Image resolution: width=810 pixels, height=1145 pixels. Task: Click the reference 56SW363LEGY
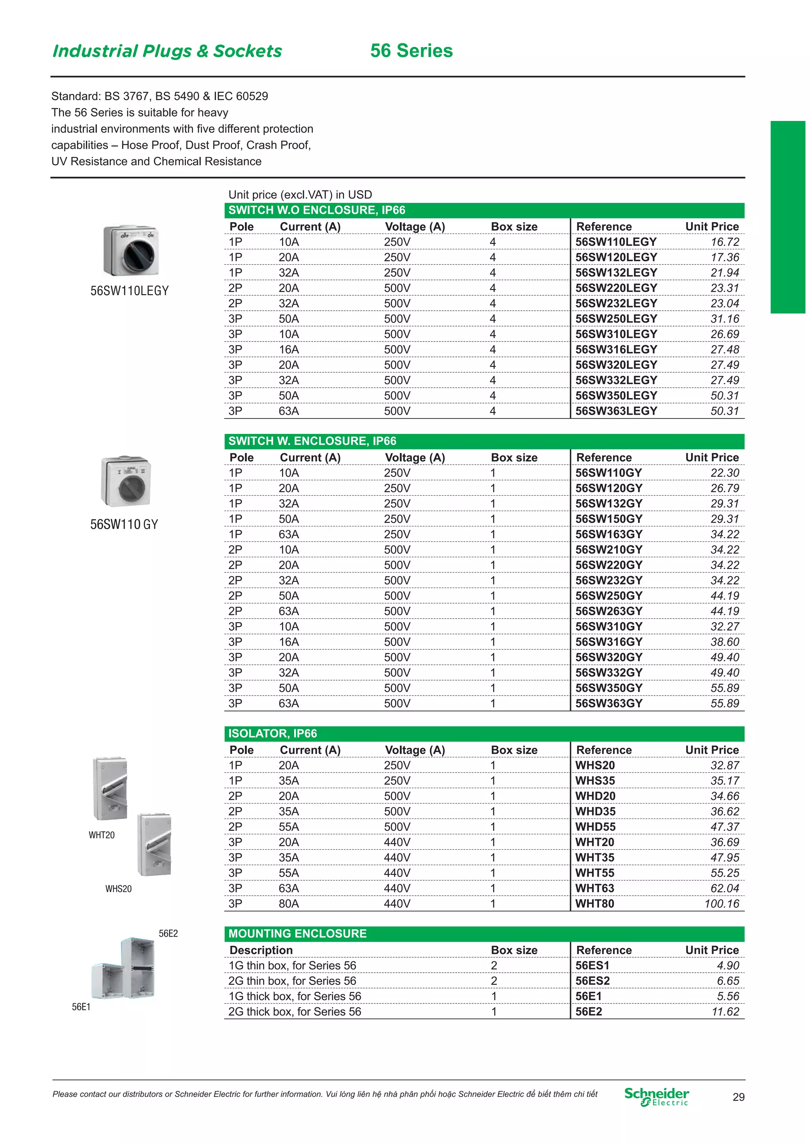pyautogui.click(x=616, y=411)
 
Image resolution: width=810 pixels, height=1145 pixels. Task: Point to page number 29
pyautogui.click(x=738, y=1097)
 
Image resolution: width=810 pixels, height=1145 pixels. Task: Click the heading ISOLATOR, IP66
pyautogui.click(x=273, y=734)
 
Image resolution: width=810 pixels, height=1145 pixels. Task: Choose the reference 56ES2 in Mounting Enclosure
pyautogui.click(x=592, y=981)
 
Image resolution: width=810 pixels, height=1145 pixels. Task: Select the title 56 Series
pyautogui.click(x=411, y=51)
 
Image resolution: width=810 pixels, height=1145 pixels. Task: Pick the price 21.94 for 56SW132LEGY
pyautogui.click(x=725, y=273)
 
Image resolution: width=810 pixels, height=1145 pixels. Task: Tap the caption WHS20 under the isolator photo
pyautogui.click(x=118, y=888)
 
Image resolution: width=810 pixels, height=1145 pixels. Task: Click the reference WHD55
pyautogui.click(x=595, y=827)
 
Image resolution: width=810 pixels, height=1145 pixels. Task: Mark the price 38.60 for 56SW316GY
pyautogui.click(x=725, y=642)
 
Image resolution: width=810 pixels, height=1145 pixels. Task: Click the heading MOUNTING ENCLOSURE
pyautogui.click(x=297, y=934)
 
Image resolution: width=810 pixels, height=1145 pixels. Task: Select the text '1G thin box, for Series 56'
pyautogui.click(x=292, y=966)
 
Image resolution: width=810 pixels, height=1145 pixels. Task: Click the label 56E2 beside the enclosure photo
pyautogui.click(x=168, y=934)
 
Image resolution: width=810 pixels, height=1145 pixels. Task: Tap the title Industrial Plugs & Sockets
pyautogui.click(x=167, y=51)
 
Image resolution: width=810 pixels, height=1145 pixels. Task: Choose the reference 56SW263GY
pyautogui.click(x=608, y=611)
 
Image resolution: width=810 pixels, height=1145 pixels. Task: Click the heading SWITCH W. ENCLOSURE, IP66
pyautogui.click(x=312, y=441)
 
